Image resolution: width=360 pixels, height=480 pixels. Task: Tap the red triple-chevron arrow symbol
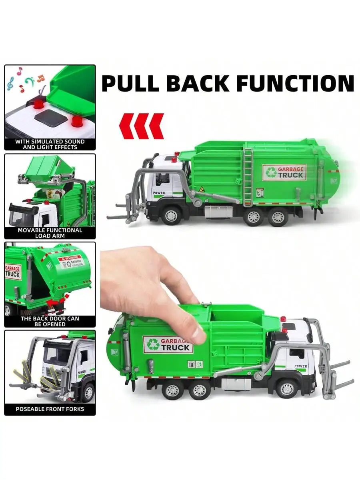pyautogui.click(x=142, y=126)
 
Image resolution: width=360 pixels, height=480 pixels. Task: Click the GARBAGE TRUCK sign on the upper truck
pyautogui.click(x=284, y=172)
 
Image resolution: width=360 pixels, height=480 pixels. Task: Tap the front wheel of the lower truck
pyautogui.click(x=286, y=388)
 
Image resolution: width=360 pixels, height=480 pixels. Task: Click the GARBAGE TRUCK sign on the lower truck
pyautogui.click(x=168, y=344)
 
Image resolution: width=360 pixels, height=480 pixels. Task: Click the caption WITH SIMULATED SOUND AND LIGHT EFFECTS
pyautogui.click(x=50, y=144)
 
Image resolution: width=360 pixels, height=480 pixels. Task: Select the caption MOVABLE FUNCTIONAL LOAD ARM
pyautogui.click(x=50, y=233)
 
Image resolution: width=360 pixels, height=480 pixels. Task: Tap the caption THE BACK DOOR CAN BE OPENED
pyautogui.click(x=50, y=321)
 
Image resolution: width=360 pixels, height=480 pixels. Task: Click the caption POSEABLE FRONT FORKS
pyautogui.click(x=50, y=409)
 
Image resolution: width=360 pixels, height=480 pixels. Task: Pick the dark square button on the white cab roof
pyautogui.click(x=51, y=118)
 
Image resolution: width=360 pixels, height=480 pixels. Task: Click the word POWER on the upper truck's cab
pyautogui.click(x=159, y=193)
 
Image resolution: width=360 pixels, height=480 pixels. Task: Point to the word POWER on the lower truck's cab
pyautogui.click(x=300, y=366)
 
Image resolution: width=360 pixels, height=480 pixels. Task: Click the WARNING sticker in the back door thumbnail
pyautogui.click(x=70, y=262)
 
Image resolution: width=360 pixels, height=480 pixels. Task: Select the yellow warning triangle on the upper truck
pyautogui.click(x=202, y=189)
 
